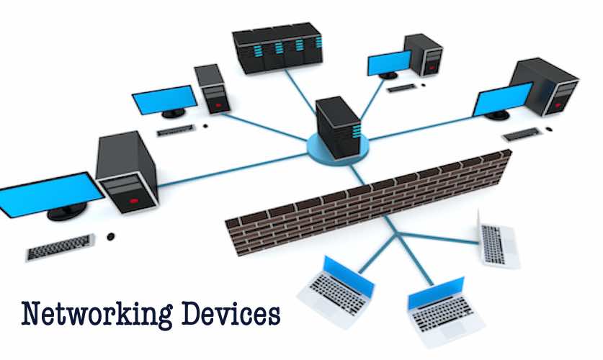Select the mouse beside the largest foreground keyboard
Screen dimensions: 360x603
click(110, 236)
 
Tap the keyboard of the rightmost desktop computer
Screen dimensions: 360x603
click(520, 134)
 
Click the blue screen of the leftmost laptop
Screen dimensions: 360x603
click(348, 276)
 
